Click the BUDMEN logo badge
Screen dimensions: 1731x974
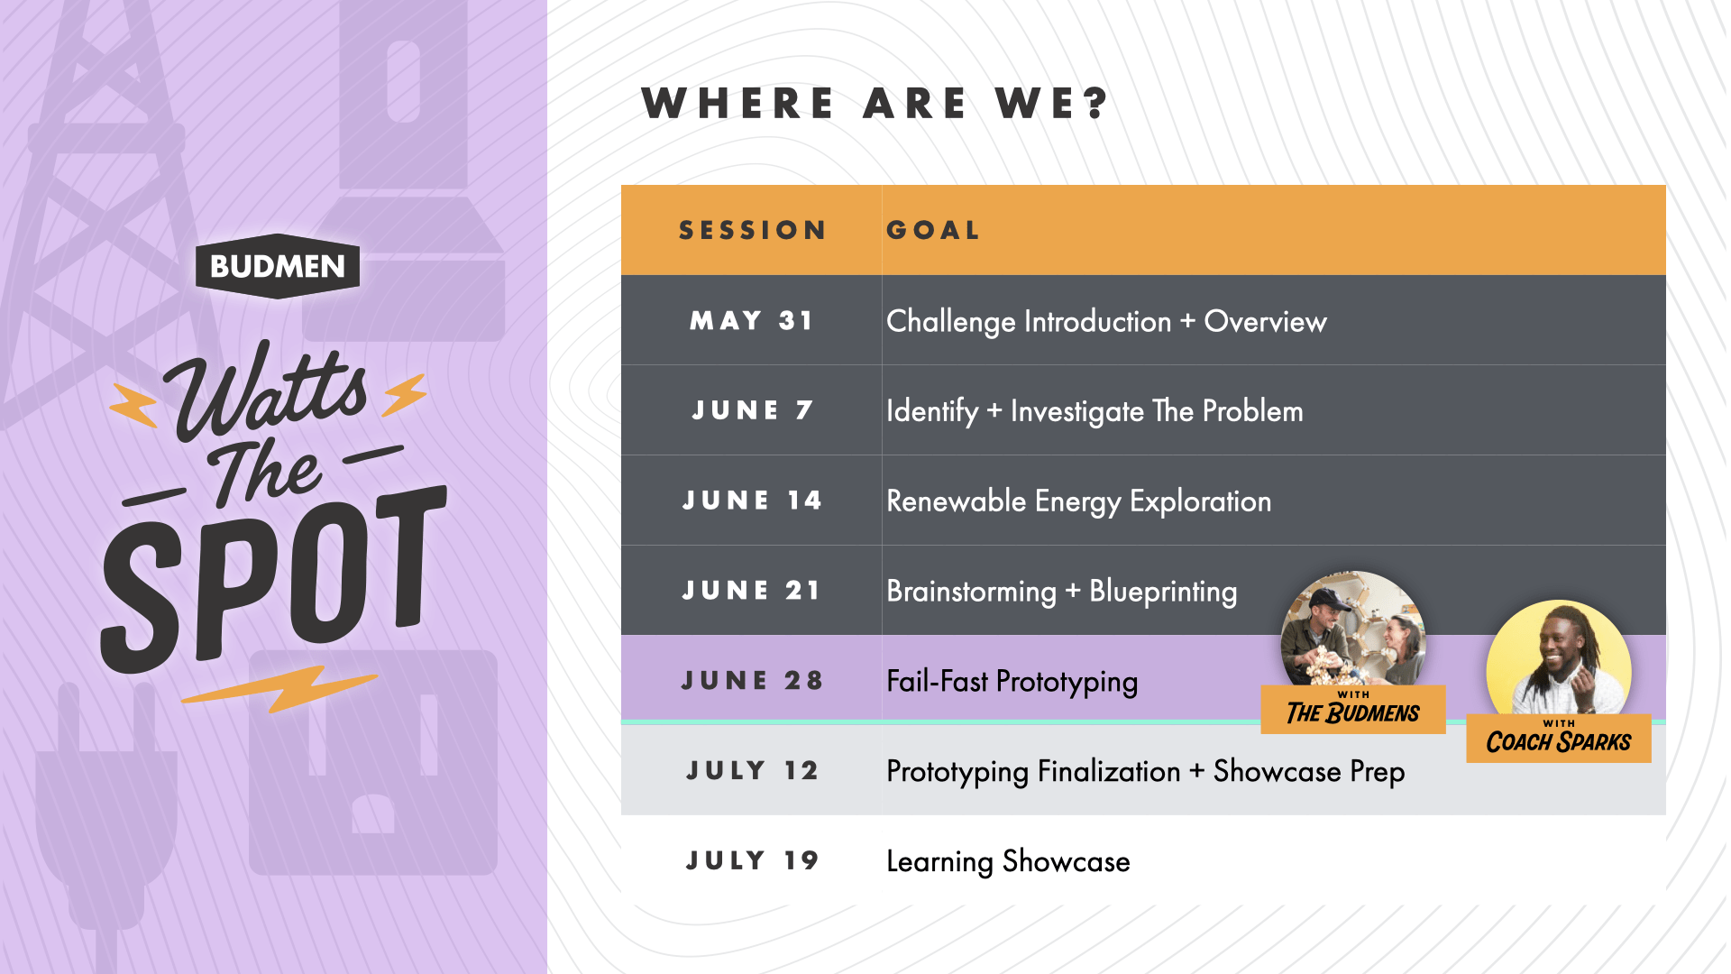[x=278, y=266]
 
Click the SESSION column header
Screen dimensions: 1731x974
[x=753, y=231]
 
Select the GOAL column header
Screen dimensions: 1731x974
[x=933, y=231]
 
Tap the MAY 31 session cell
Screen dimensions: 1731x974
[x=752, y=320]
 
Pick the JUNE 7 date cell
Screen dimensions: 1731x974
[x=753, y=410]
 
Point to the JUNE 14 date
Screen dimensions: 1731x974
[x=752, y=501]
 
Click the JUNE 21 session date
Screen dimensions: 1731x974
[x=751, y=591]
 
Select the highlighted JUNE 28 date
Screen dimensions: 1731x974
[x=752, y=680]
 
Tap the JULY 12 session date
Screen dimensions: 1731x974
[x=752, y=770]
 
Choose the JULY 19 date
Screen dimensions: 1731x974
[x=752, y=860]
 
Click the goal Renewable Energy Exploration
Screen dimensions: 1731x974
[x=1078, y=501]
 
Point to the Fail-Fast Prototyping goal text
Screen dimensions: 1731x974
[x=1012, y=682]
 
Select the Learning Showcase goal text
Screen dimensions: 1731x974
[x=1008, y=861]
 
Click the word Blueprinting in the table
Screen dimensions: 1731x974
[x=1163, y=592]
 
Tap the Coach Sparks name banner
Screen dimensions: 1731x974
[x=1559, y=739]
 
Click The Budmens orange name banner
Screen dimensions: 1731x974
[x=1353, y=710]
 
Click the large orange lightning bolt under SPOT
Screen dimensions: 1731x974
[x=279, y=689]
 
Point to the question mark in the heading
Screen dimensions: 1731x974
[x=1096, y=103]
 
